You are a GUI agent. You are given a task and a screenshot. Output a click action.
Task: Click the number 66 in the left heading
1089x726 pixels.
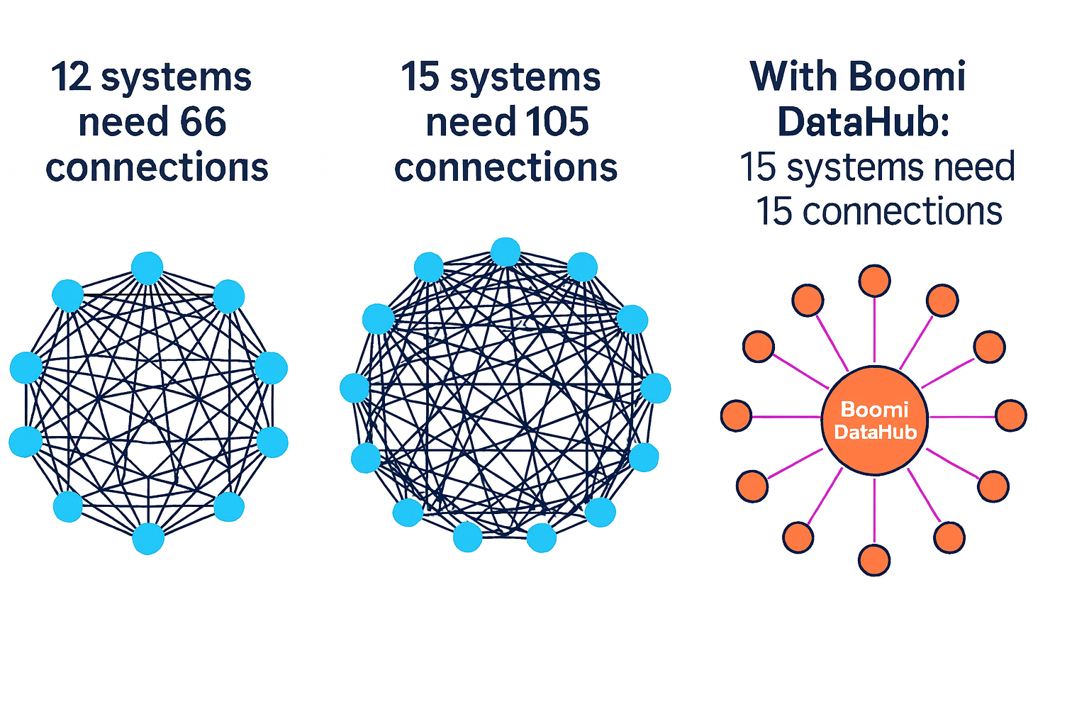pos(203,122)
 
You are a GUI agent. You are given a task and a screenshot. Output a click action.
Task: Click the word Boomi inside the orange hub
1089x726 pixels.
pos(874,409)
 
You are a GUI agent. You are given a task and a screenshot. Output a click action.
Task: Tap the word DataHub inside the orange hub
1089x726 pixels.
pos(875,432)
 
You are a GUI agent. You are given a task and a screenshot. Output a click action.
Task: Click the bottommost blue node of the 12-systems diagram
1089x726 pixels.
pos(148,538)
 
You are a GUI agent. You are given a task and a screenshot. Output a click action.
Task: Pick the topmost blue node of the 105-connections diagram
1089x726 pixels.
pos(506,252)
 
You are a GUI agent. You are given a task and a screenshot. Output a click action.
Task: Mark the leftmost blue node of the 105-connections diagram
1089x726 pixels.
pos(354,389)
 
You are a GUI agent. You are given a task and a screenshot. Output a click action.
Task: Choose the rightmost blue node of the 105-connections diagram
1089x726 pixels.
pos(656,389)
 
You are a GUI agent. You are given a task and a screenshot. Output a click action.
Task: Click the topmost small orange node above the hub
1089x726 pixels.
pos(874,281)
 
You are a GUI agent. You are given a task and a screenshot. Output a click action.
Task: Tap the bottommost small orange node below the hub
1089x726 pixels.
pos(874,560)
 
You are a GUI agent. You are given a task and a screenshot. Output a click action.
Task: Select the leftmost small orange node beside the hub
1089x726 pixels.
pos(736,415)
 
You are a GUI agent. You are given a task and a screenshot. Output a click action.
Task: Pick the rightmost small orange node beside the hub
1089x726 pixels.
pos(1011,415)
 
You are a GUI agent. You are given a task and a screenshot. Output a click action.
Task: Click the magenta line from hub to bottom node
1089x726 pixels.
pos(874,510)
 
